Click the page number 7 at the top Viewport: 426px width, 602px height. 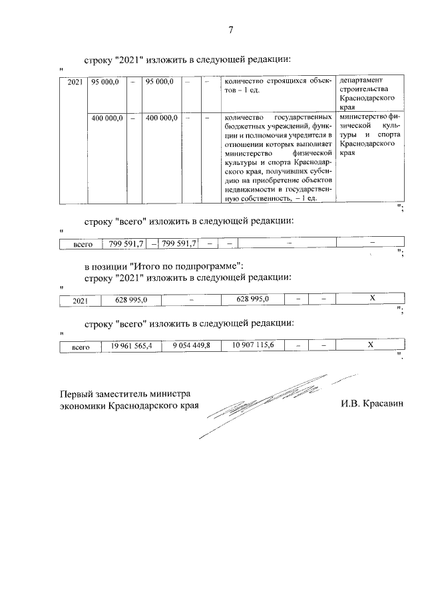tap(231, 30)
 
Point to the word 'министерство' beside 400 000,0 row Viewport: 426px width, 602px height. tap(362, 118)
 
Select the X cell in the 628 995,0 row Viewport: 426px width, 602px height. tap(373, 299)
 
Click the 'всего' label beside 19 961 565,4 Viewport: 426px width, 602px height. tap(80, 346)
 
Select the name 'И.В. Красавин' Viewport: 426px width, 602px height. tap(373, 404)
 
